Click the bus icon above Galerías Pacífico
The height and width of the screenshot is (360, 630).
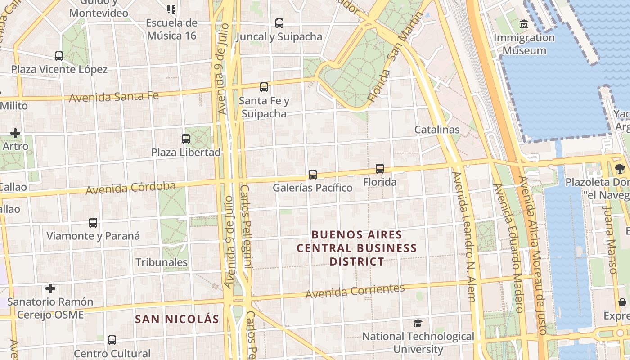pyautogui.click(x=313, y=174)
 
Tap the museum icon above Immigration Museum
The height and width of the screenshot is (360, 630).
pyautogui.click(x=524, y=24)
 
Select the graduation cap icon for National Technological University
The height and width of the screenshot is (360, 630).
pyautogui.click(x=418, y=323)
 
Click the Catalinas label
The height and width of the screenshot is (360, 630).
pyautogui.click(x=437, y=130)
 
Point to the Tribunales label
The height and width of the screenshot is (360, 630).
pyautogui.click(x=162, y=262)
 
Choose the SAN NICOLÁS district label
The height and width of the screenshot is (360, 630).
pyautogui.click(x=177, y=319)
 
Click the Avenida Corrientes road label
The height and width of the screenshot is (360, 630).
pyautogui.click(x=355, y=291)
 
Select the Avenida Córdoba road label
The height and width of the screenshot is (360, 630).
pyautogui.click(x=130, y=188)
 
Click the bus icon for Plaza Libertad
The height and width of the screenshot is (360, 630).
pyautogui.click(x=186, y=139)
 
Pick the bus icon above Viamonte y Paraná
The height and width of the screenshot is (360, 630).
pyautogui.click(x=93, y=223)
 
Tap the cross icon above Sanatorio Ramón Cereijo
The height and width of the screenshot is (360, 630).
pyautogui.click(x=50, y=288)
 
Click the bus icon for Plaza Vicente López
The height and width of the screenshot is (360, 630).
pyautogui.click(x=59, y=56)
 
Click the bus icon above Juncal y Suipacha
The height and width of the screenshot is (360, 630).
pyautogui.click(x=279, y=23)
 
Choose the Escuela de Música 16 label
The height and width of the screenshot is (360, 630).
pyautogui.click(x=171, y=29)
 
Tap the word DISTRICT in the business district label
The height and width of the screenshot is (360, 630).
pyautogui.click(x=357, y=261)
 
